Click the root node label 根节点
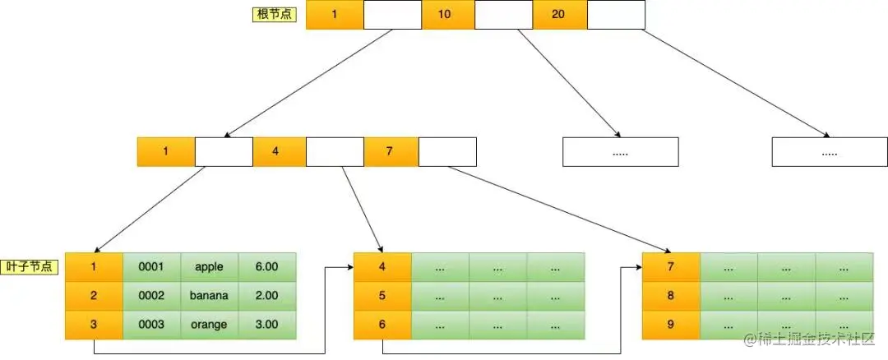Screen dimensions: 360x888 point(274,15)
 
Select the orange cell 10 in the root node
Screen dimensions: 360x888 point(444,15)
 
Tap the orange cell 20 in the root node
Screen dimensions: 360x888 point(558,15)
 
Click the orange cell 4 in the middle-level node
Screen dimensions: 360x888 point(275,152)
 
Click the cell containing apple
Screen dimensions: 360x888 point(209,267)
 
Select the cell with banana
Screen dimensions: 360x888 point(209,296)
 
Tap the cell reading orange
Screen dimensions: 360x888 point(209,325)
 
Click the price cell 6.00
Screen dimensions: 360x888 point(266,267)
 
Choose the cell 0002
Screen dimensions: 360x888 point(151,296)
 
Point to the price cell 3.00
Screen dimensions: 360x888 point(266,325)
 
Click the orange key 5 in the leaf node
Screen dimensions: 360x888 point(382,296)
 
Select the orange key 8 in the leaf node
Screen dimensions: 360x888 point(671,296)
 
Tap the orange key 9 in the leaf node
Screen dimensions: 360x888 point(671,325)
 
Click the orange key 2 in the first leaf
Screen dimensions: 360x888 point(94,296)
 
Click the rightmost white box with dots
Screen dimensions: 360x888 point(830,152)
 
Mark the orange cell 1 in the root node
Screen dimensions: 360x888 point(334,15)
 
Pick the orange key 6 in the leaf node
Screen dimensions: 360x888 point(382,325)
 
